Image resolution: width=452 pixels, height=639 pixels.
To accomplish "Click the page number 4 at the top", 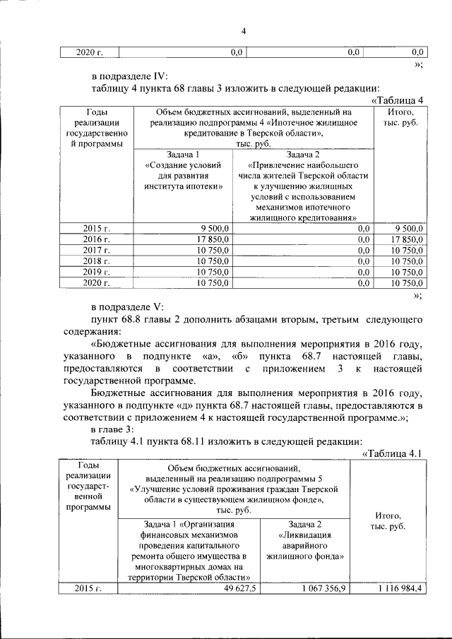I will [243, 31].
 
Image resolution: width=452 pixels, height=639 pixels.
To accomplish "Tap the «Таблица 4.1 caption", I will [391, 453].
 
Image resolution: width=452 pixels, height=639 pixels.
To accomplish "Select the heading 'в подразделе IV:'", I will [130, 76].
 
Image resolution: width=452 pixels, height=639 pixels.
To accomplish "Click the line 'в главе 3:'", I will [117, 429].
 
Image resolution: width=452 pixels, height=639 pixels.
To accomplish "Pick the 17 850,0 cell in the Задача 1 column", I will [211, 239].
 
